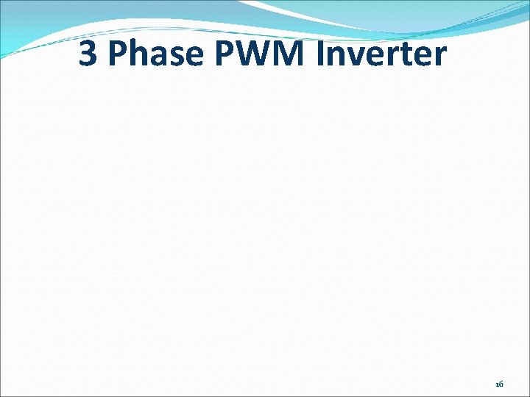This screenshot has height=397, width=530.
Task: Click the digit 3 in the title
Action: pyautogui.click(x=88, y=54)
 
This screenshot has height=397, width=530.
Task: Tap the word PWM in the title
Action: pyautogui.click(x=248, y=54)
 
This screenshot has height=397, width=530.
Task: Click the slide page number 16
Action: pyautogui.click(x=499, y=385)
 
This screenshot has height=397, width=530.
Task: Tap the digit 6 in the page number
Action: pyautogui.click(x=501, y=385)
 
